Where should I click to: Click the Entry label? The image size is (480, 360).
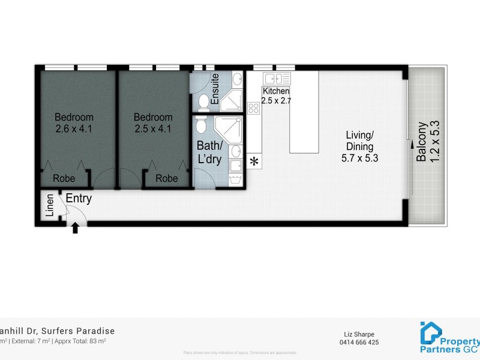point(78,199)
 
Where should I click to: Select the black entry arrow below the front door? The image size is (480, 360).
point(76,228)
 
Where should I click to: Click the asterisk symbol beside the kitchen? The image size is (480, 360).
point(254,161)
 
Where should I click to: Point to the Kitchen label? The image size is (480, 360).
point(275,91)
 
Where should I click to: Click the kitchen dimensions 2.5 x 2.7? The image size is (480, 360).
point(277,101)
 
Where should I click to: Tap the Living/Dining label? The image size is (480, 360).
point(359,140)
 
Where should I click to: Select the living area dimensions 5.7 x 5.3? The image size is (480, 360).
point(359,158)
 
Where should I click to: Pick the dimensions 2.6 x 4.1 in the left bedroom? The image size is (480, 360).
point(74,127)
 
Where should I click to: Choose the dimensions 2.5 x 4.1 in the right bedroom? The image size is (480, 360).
point(153,127)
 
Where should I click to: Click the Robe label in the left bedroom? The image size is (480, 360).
point(64,178)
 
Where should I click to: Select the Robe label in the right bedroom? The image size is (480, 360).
point(167,178)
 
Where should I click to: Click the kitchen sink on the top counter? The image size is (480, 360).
point(277,78)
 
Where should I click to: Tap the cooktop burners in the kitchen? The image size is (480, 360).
point(253,109)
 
